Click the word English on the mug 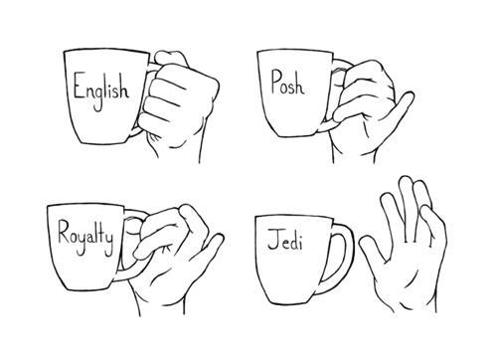(101, 89)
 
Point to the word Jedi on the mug (284, 241)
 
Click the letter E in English (79, 87)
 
